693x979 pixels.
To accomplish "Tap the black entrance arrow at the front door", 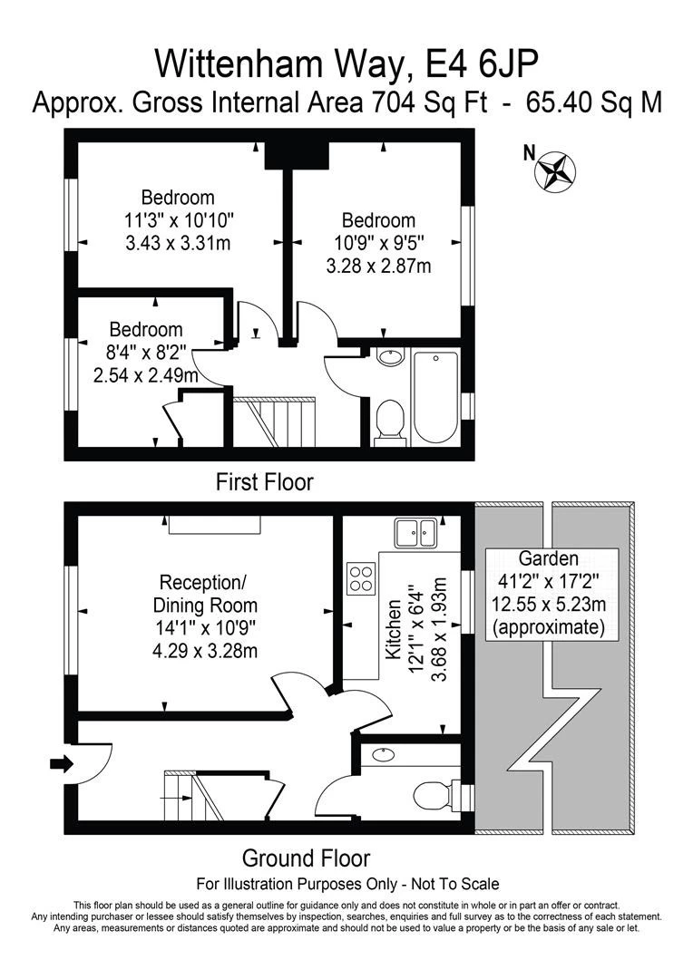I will [x=61, y=764].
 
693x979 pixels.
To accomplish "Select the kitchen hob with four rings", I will [x=362, y=578].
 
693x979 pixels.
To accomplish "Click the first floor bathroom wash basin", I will [x=390, y=357].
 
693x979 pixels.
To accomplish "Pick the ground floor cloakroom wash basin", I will [x=384, y=753].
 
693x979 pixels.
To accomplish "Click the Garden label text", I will [x=548, y=558].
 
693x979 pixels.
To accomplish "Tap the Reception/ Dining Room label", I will [x=208, y=593].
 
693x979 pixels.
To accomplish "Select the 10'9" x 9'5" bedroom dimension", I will [x=377, y=243].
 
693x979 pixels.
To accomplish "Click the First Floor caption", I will [x=264, y=481].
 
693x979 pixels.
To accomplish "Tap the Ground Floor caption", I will [x=306, y=858].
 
